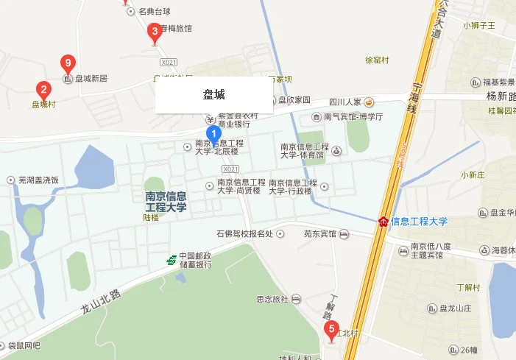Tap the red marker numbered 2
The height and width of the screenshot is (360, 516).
(x=44, y=91)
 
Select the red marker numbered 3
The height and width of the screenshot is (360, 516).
(x=154, y=32)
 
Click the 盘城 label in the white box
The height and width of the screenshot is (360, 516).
(x=213, y=95)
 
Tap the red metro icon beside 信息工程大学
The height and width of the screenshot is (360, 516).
(x=383, y=221)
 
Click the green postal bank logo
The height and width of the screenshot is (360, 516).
(x=171, y=260)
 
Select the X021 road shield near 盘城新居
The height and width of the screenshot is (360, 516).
(x=169, y=62)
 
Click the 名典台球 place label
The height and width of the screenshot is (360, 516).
(x=154, y=12)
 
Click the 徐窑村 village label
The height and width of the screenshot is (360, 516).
(x=377, y=60)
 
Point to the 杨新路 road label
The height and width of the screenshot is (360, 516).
(x=501, y=96)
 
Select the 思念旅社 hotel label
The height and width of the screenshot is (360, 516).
(x=272, y=299)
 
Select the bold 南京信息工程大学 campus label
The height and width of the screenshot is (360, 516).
(x=166, y=202)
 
